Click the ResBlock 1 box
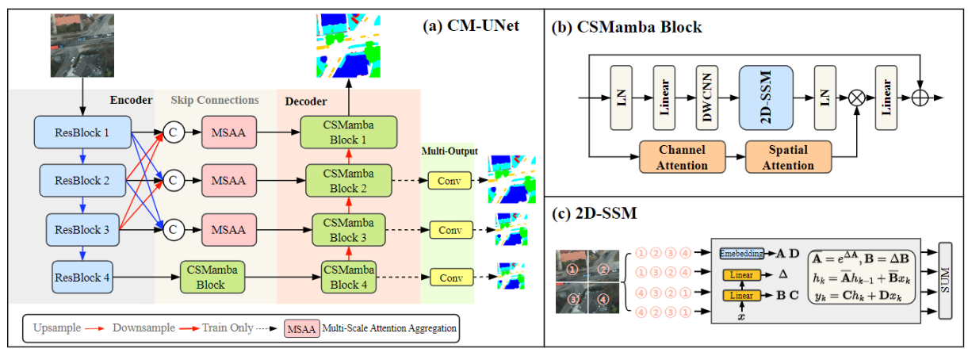coord(81,132)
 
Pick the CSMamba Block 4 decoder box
coord(346,278)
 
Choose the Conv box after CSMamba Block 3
coord(450,230)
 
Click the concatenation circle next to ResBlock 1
coord(173,132)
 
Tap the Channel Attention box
coord(683,157)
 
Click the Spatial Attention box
coord(789,157)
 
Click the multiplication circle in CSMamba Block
coord(857,98)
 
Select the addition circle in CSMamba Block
coord(920,98)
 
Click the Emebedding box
coord(742,253)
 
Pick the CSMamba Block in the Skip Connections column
coord(213,278)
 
